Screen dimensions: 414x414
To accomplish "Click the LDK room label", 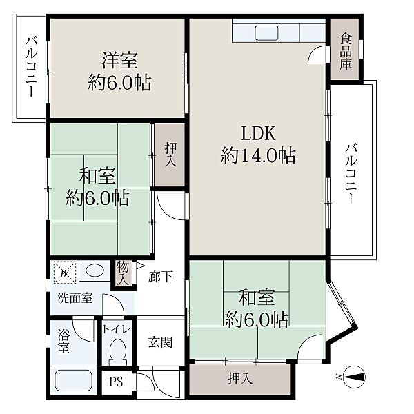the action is [259, 134].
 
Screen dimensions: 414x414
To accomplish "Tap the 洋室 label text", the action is [120, 61].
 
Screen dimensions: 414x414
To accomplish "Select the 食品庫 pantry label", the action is [346, 51].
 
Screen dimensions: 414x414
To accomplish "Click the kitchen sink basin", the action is [266, 32].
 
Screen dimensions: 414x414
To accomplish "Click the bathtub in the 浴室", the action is [73, 380].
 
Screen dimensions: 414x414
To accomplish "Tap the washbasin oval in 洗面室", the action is [95, 270].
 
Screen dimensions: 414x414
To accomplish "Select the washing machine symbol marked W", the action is [65, 273].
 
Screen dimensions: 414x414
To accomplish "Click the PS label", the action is [117, 382].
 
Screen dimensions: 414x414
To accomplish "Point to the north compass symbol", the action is [354, 377].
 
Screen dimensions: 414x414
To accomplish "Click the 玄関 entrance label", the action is [160, 342].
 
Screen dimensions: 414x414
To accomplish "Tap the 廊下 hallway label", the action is [160, 277].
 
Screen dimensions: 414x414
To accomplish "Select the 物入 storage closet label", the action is [123, 273].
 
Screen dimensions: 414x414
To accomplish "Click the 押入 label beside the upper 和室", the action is [170, 155].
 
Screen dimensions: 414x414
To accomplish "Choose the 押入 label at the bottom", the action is [240, 379].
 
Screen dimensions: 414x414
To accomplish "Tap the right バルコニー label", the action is [351, 174].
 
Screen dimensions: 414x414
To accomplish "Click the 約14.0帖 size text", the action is [259, 156].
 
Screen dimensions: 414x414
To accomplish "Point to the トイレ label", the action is [117, 329].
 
